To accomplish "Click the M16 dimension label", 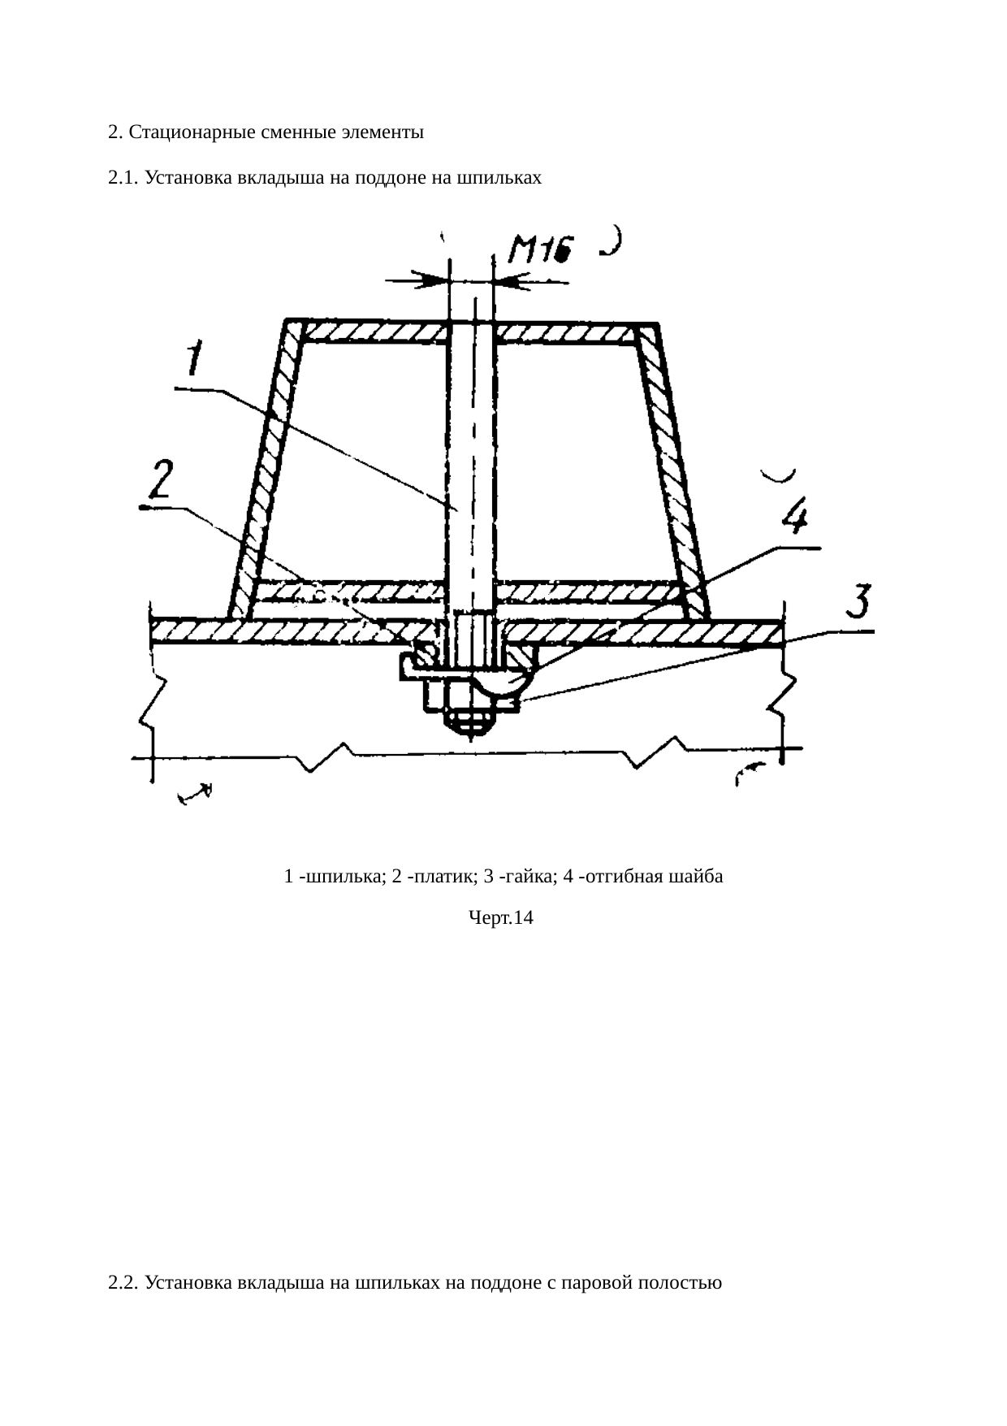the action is coord(540,249).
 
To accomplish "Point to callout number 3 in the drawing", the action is coord(858,603).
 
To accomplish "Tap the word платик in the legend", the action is coord(439,877).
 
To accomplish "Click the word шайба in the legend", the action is coord(698,877).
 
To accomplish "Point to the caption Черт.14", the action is coord(501,918).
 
